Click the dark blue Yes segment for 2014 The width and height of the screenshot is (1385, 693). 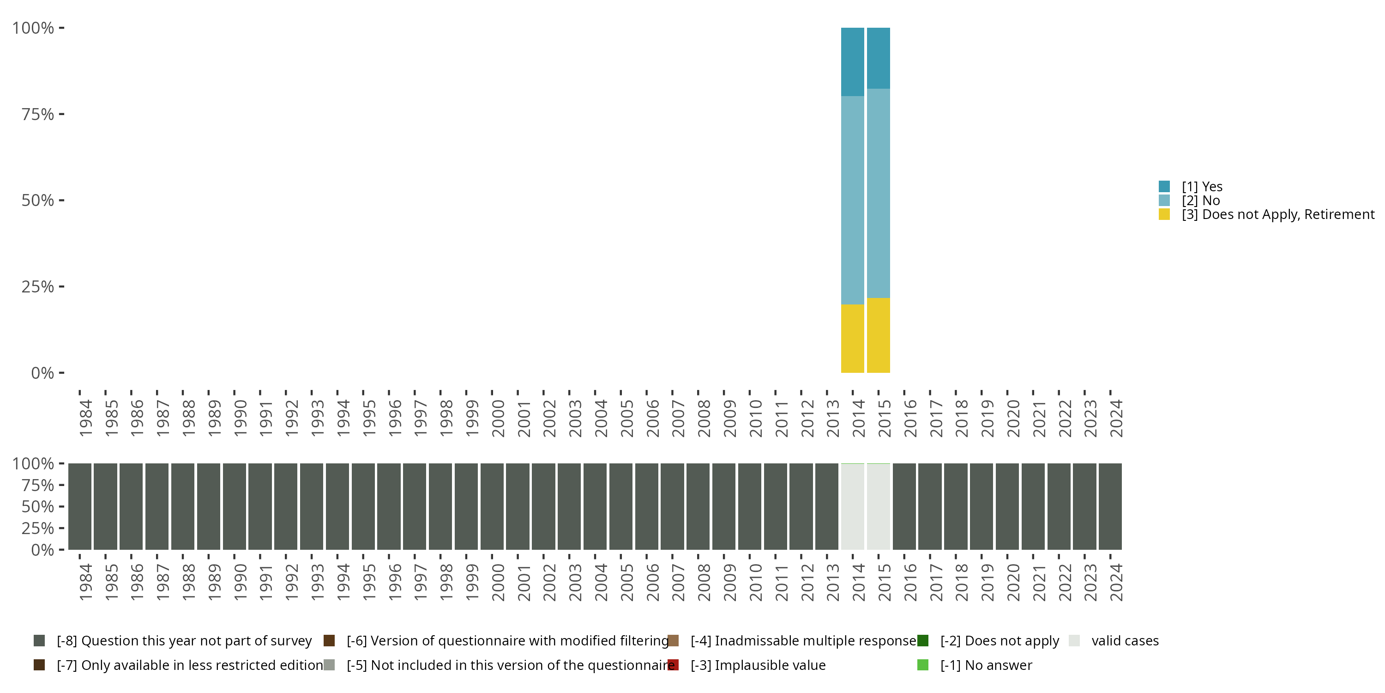pos(852,61)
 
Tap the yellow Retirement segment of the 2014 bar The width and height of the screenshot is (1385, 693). pos(852,339)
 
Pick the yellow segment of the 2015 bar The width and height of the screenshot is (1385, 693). pos(878,335)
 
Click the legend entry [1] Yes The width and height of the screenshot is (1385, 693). pos(1202,187)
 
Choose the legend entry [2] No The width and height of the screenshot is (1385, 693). pos(1201,201)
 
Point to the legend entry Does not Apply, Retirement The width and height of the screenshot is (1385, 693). pos(1277,215)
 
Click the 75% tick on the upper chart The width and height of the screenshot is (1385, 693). pos(38,114)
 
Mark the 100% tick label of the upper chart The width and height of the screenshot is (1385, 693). pos(33,28)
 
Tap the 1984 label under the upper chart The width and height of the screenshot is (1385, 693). pos(85,418)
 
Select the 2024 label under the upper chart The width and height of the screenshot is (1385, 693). pos(1116,418)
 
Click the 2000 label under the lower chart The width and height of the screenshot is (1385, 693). pos(498,582)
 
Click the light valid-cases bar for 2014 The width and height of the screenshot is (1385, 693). pos(852,506)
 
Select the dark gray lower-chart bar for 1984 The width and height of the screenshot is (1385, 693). pos(79,506)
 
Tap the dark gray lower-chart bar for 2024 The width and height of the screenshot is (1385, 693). pos(1110,506)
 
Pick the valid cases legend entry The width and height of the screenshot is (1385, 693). pos(1124,641)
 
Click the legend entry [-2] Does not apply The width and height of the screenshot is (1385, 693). pos(999,641)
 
